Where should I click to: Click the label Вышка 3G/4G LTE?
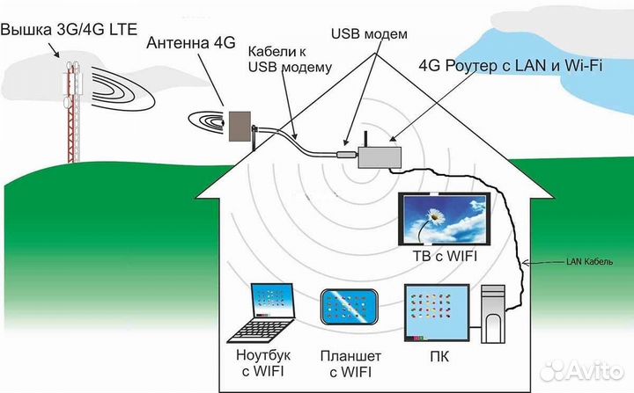point(70,29)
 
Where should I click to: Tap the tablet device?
point(350,311)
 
